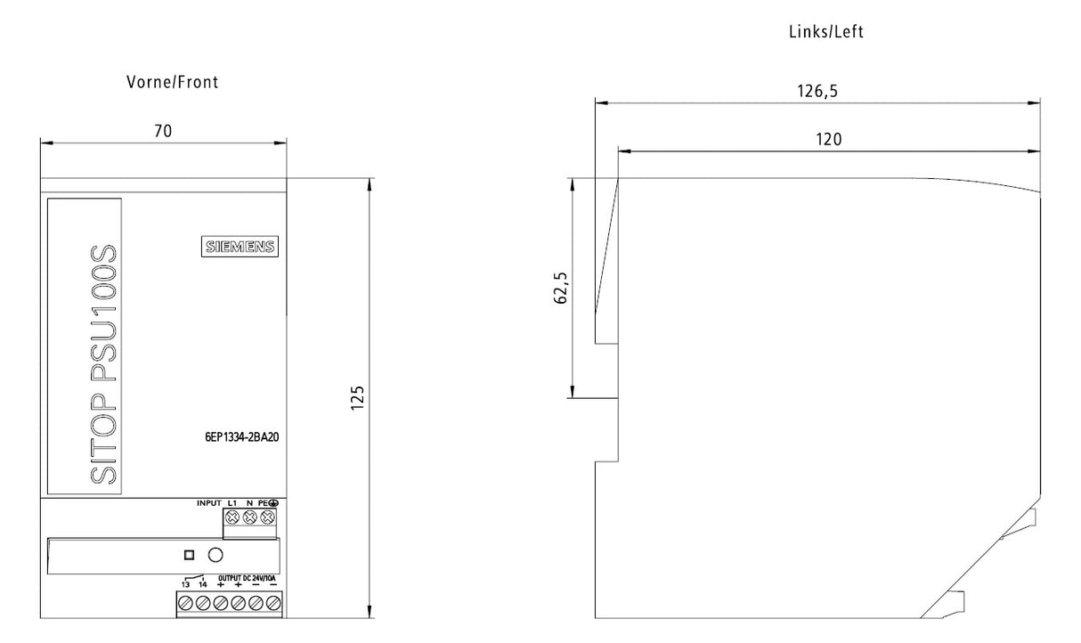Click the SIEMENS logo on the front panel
tap(240, 247)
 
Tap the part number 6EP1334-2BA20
tap(242, 437)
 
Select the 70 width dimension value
tap(163, 131)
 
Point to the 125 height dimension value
tap(357, 398)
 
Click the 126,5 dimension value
tap(817, 91)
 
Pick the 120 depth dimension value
tap(829, 140)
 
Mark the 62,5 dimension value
tap(560, 288)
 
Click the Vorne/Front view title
tap(172, 82)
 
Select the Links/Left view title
tap(826, 32)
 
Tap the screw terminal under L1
tap(232, 517)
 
